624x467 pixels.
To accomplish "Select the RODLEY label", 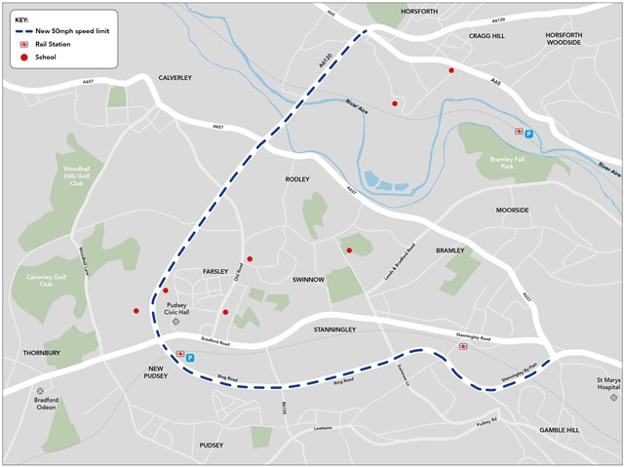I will click(x=297, y=179).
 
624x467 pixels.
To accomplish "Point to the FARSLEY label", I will click(x=215, y=271).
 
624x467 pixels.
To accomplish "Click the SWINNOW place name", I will click(x=308, y=280).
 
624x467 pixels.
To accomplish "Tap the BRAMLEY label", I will click(x=450, y=250).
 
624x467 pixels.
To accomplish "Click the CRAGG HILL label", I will click(x=486, y=35).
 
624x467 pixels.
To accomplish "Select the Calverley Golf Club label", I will click(x=46, y=280).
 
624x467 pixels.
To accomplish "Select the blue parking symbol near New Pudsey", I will click(x=190, y=358).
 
